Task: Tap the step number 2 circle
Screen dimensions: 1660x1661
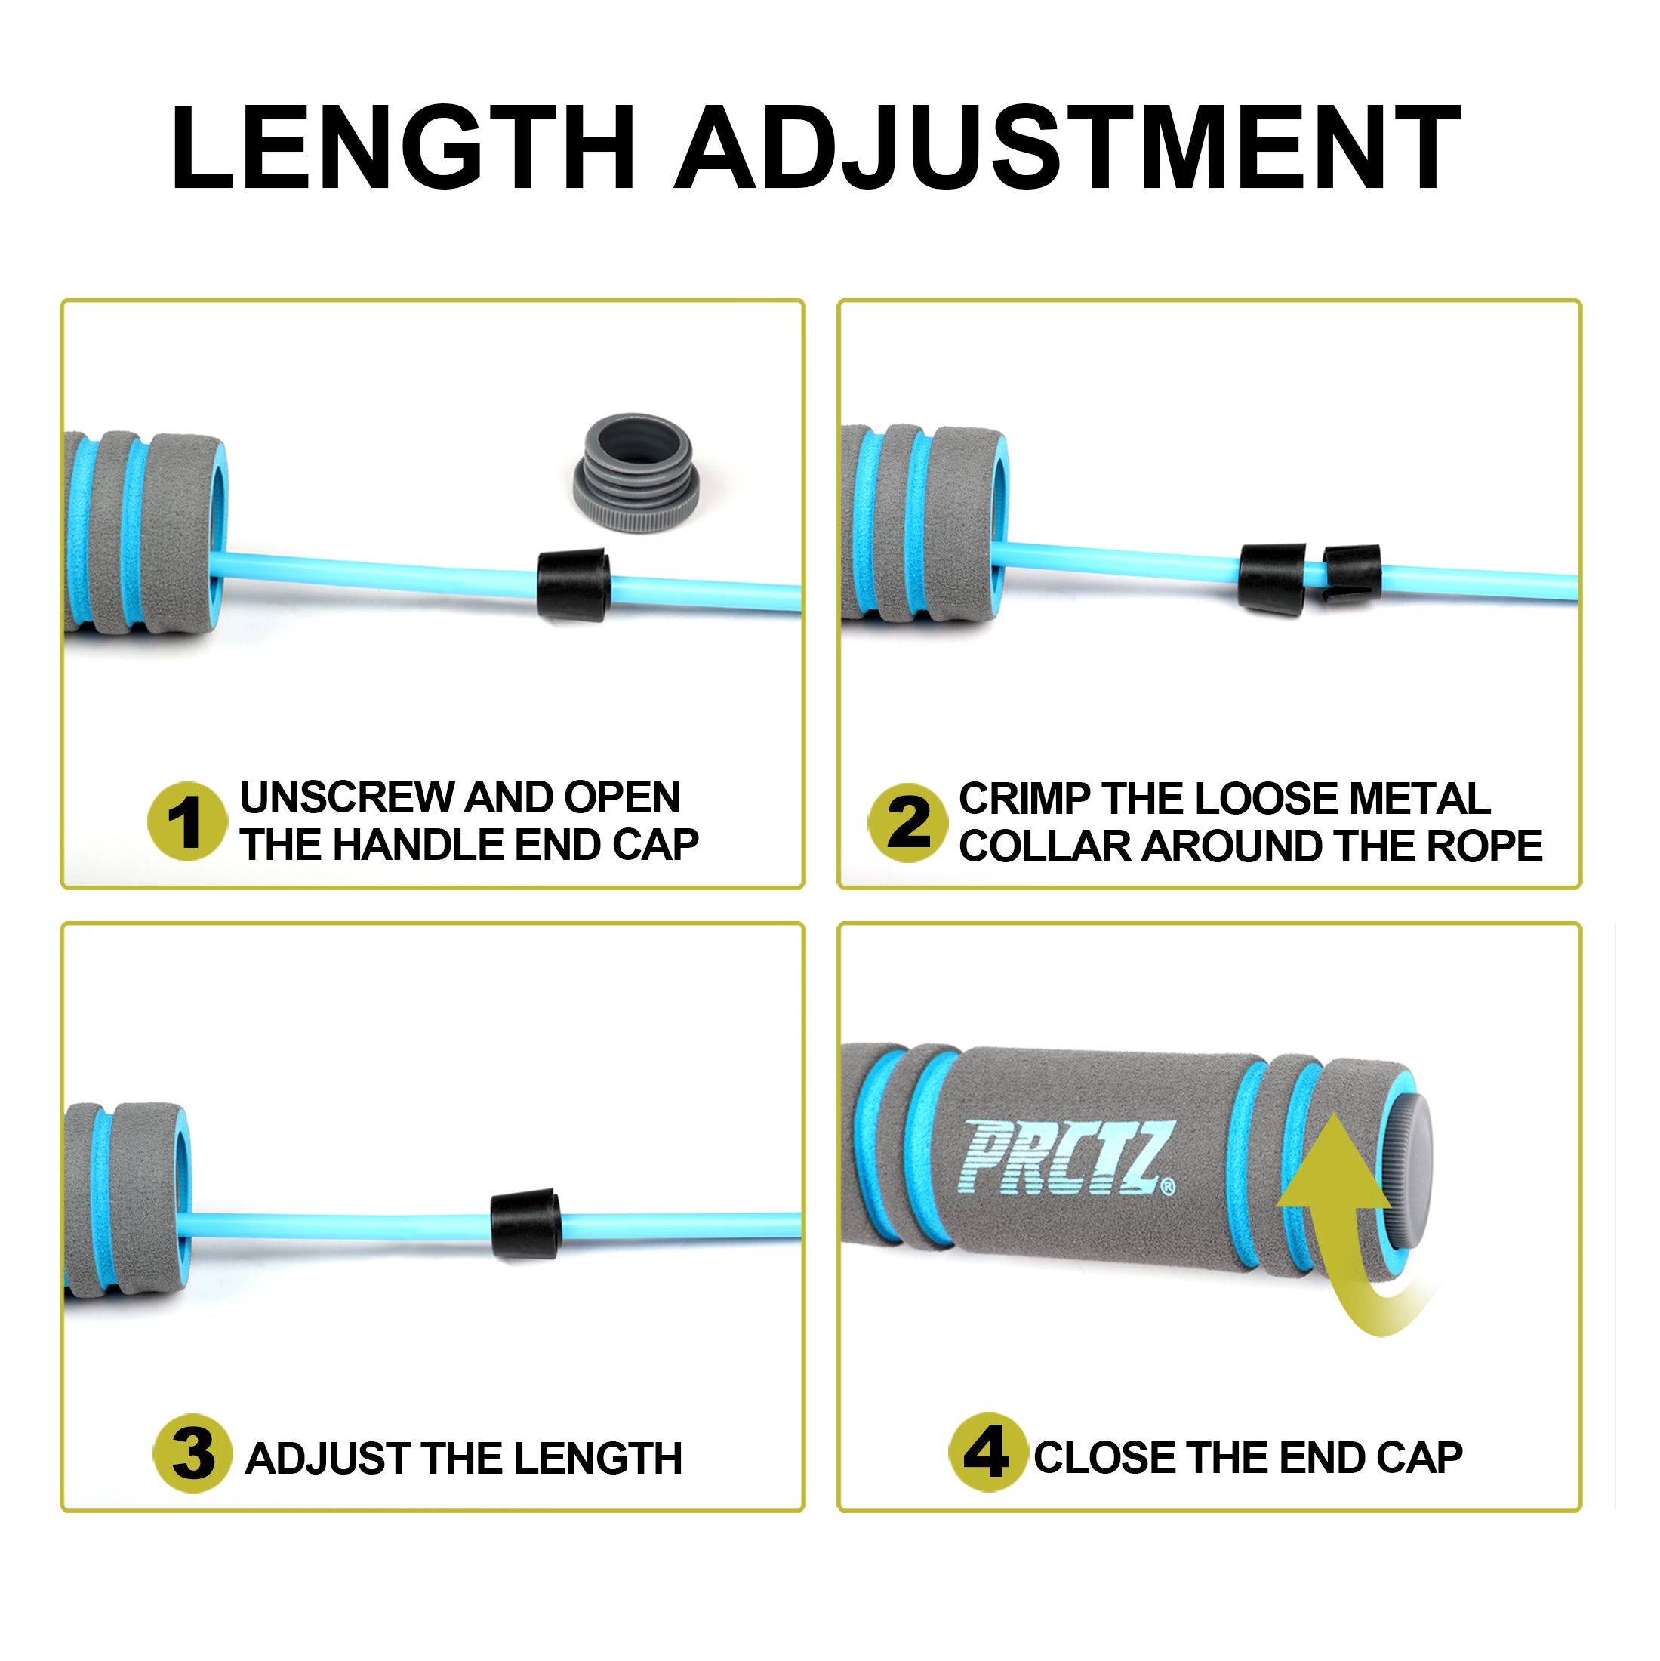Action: (908, 823)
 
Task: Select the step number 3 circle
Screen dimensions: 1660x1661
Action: (192, 1455)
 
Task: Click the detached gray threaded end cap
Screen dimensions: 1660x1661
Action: (636, 471)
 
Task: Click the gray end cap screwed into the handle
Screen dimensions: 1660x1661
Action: (1406, 1173)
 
